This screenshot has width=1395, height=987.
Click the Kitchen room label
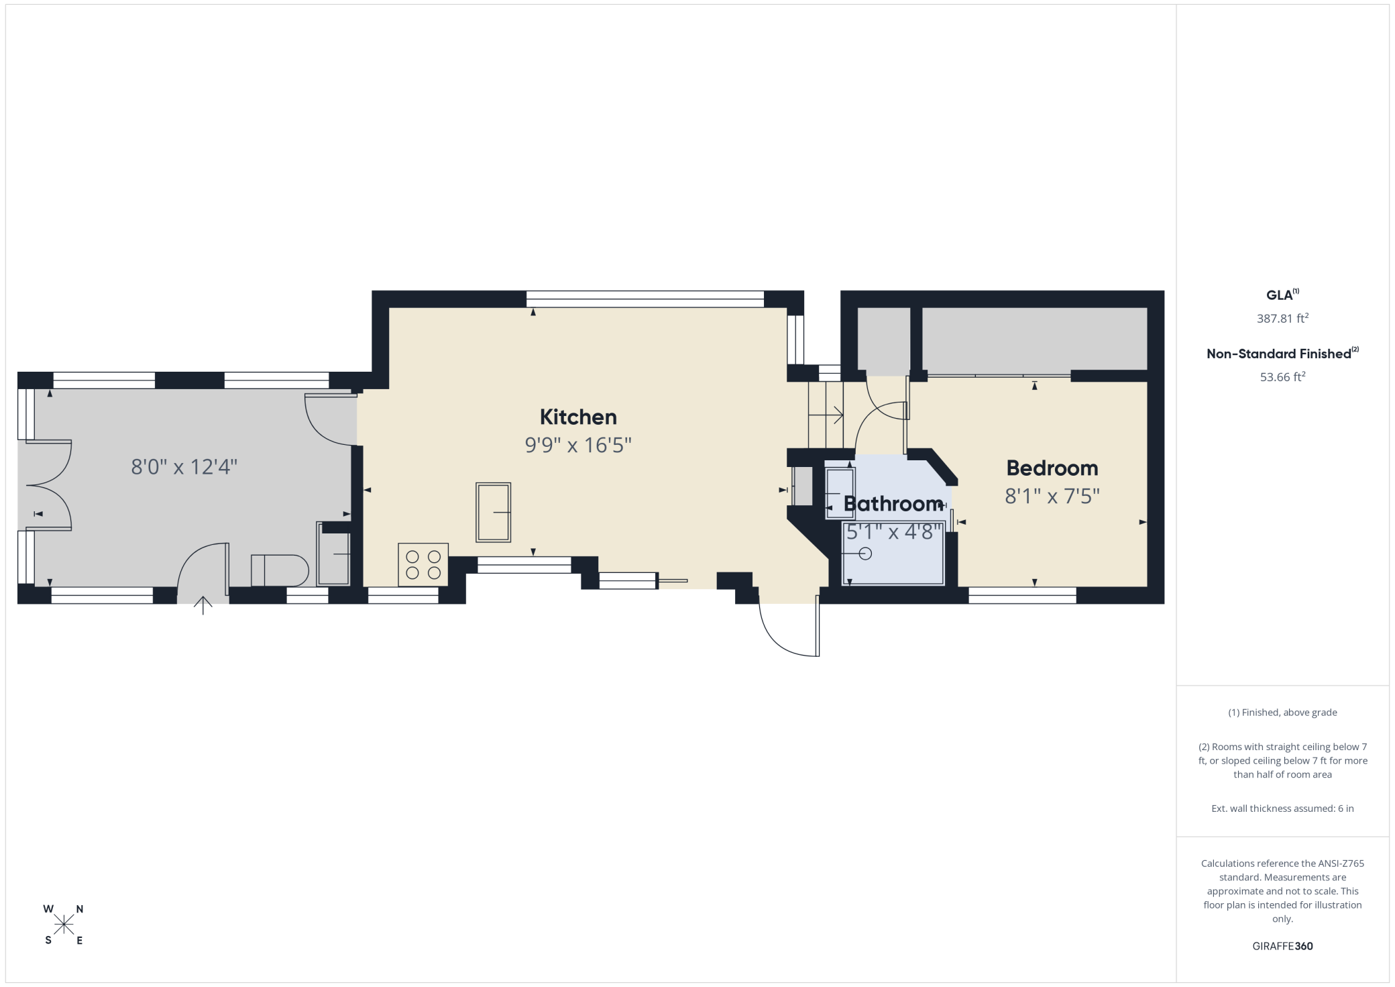point(578,417)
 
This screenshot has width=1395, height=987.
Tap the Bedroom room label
point(1052,468)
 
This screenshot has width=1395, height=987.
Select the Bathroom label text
point(893,503)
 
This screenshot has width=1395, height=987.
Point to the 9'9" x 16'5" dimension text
point(578,445)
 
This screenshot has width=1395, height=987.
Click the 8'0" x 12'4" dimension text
point(184,466)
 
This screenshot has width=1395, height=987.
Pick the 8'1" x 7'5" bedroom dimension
point(1052,496)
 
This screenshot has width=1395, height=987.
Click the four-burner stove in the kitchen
point(423,564)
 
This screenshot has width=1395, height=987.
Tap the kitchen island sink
point(494,512)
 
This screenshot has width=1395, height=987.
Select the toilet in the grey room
point(280,570)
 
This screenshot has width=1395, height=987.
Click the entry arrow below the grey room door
point(203,605)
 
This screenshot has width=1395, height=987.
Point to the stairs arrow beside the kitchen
point(826,416)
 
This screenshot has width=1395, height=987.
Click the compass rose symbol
point(64,925)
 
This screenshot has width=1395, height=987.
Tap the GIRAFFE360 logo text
point(1282,946)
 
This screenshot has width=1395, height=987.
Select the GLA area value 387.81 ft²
point(1282,318)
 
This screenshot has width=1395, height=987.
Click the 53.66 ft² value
point(1282,376)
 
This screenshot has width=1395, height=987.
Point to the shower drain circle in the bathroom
point(865,554)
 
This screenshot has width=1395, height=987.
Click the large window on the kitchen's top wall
point(645,299)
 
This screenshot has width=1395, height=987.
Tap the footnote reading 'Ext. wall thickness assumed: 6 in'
point(1282,809)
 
